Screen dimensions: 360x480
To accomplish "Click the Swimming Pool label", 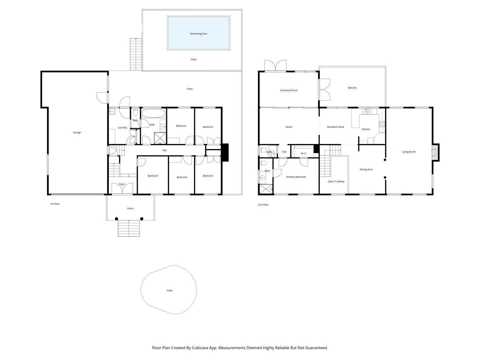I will [x=198, y=34].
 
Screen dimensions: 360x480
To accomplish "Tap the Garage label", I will [x=77, y=133].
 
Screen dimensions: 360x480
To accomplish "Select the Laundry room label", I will [x=122, y=128].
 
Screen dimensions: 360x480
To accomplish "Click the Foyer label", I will [x=122, y=184].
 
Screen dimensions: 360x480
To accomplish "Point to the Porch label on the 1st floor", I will [x=130, y=209].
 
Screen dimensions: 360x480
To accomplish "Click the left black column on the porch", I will [x=116, y=219].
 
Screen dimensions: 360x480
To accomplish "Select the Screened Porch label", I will [x=289, y=90].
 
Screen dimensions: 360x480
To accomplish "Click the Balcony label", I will [x=352, y=88].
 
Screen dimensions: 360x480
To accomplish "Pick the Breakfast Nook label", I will [x=335, y=127].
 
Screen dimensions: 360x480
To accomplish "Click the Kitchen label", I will [x=366, y=129].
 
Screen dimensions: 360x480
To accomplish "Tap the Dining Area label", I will [x=366, y=170].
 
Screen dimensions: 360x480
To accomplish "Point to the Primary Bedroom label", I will [x=296, y=177].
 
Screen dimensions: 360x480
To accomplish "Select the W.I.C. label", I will [x=304, y=153].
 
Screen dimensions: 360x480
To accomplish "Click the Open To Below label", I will [x=336, y=182].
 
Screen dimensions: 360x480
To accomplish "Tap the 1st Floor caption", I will [x=55, y=204].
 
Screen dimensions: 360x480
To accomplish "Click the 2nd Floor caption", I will [x=263, y=205].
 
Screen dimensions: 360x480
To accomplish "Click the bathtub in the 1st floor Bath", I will [x=153, y=113].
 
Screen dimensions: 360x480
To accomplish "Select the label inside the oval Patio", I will [x=170, y=291].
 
